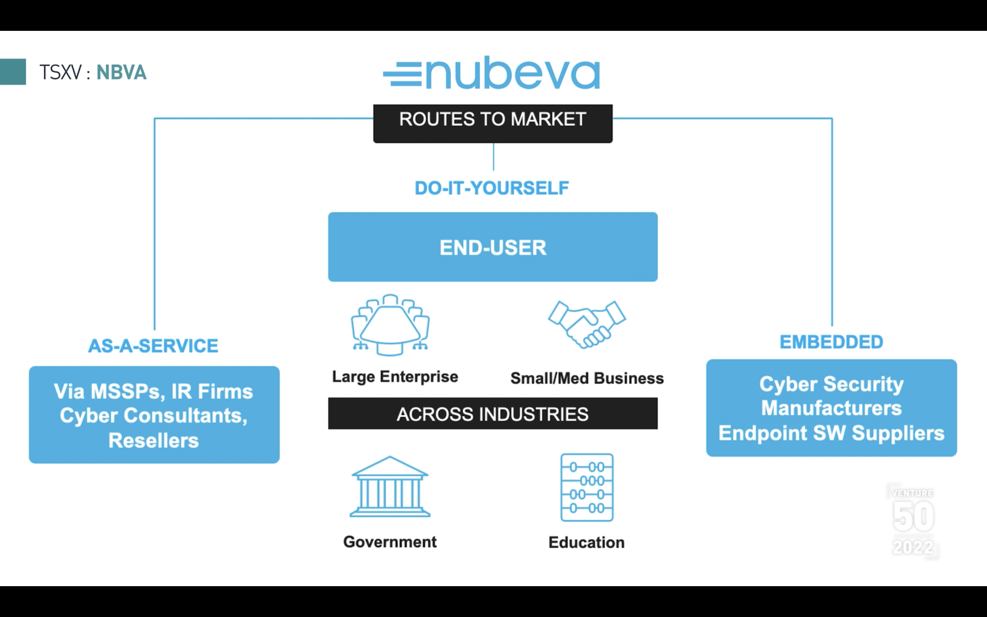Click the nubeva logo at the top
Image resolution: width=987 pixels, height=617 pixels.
click(492, 73)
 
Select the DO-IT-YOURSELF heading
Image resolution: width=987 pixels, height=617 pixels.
click(491, 188)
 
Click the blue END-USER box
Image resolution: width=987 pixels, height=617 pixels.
click(493, 247)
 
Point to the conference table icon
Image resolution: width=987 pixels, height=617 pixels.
click(390, 325)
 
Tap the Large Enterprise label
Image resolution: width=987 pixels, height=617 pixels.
click(395, 377)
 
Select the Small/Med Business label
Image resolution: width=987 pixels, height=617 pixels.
click(587, 378)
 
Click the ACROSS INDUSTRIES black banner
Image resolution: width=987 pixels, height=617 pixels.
click(493, 414)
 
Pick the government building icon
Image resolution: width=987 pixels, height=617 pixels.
click(390, 487)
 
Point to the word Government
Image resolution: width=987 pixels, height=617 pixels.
click(390, 542)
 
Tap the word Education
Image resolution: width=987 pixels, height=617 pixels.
click(586, 542)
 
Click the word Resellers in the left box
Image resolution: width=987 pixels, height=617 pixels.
click(153, 441)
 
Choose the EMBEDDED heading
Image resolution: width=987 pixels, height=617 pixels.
click(831, 342)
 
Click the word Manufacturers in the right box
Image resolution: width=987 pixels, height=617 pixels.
click(831, 408)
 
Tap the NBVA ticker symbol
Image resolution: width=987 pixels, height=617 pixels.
click(121, 73)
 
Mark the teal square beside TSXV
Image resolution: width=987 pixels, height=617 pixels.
click(13, 72)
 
